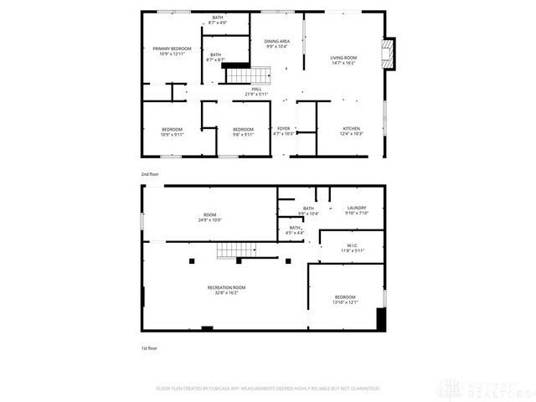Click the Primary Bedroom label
(x=172, y=49)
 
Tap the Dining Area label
(x=276, y=41)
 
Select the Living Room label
(x=343, y=57)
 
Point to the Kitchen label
(x=351, y=129)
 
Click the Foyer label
(x=283, y=129)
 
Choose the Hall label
(x=256, y=89)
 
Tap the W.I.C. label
(x=352, y=245)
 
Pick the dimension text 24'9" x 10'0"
(x=209, y=219)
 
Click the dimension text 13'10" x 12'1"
(x=345, y=302)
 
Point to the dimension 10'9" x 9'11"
(x=172, y=134)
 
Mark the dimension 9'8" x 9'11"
(x=243, y=134)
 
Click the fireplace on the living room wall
(x=387, y=55)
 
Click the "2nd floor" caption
(x=150, y=173)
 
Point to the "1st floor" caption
(x=149, y=348)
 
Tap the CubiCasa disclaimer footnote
(x=268, y=389)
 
